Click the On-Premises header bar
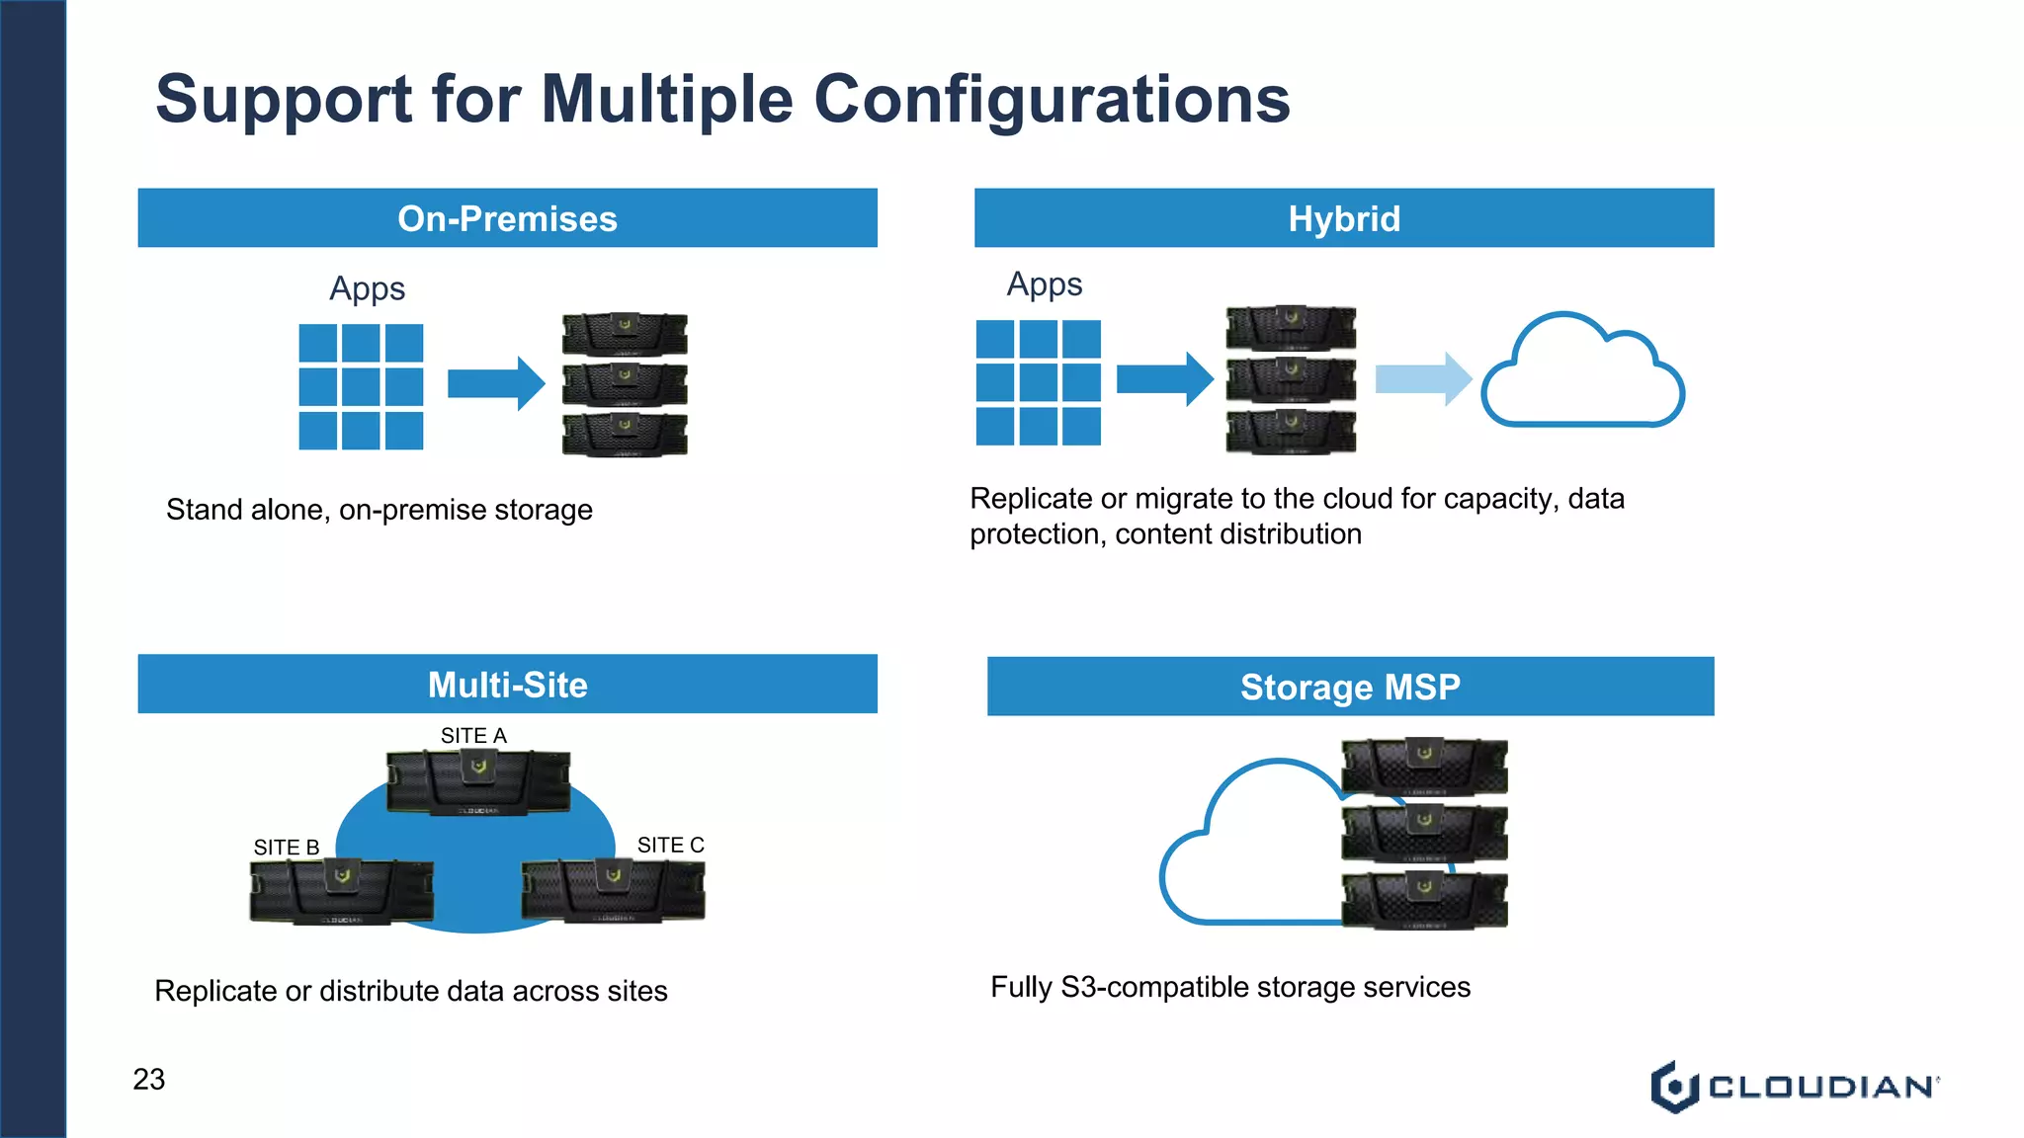click(x=507, y=218)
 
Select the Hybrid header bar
click(x=1344, y=218)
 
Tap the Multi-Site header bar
click(x=507, y=685)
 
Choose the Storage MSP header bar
click(x=1350, y=687)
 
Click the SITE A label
click(x=473, y=736)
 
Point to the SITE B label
click(x=287, y=848)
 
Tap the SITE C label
click(x=670, y=846)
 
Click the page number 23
click(x=149, y=1079)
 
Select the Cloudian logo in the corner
click(x=1794, y=1087)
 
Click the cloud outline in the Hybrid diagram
click(x=1582, y=372)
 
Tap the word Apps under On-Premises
click(x=367, y=288)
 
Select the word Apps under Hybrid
click(x=1045, y=284)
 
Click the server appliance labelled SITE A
click(x=478, y=782)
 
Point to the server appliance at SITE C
click(x=613, y=890)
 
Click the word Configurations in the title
click(x=1052, y=99)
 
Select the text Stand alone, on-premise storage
click(x=379, y=510)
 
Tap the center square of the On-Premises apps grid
click(x=361, y=386)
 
